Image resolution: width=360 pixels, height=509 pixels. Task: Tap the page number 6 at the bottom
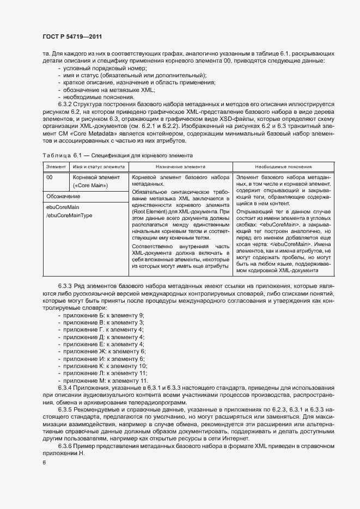click(x=44, y=462)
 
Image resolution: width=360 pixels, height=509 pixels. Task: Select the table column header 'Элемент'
click(x=56, y=167)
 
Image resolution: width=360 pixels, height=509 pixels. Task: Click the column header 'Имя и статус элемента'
click(x=96, y=167)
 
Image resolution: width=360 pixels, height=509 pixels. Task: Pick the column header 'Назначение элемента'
click(x=180, y=167)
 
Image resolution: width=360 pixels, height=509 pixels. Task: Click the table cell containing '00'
click(x=50, y=177)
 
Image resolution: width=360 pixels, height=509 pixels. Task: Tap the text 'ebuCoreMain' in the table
click(x=63, y=207)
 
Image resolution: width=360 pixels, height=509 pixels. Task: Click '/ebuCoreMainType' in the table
click(x=69, y=216)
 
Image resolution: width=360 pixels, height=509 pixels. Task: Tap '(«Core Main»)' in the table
click(x=90, y=186)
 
